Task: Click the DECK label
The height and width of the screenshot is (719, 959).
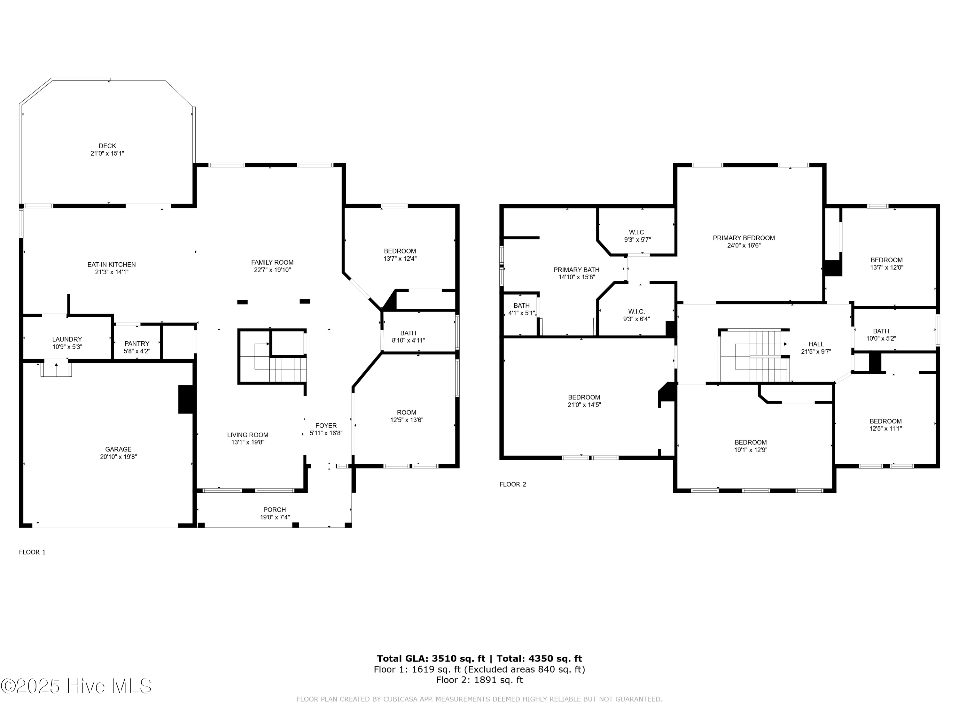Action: point(107,146)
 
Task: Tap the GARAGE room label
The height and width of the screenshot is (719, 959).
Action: point(118,449)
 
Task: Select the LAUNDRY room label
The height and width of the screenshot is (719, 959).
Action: point(67,339)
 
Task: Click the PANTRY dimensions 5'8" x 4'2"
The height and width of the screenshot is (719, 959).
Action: point(137,351)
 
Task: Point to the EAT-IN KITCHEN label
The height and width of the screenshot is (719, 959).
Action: point(112,264)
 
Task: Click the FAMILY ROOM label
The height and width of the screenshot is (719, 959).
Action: point(272,262)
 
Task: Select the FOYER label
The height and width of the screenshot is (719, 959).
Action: point(326,426)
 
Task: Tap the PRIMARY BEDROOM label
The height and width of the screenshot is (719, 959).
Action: point(744,238)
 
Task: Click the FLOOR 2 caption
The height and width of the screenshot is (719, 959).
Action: point(512,484)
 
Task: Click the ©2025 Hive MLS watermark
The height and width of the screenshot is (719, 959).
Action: point(76,686)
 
